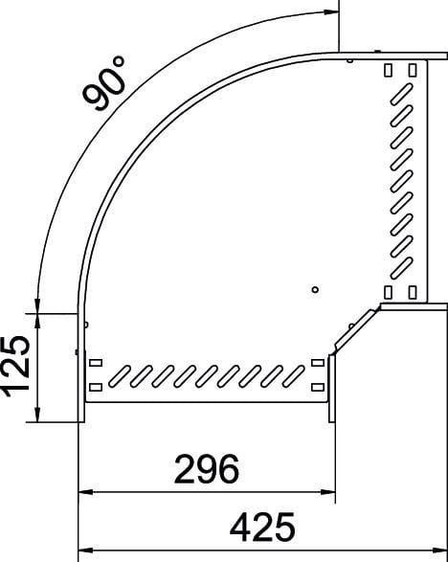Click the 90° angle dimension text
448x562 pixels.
pos(104,83)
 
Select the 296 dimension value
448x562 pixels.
pos(207,469)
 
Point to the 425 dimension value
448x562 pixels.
pos(262,528)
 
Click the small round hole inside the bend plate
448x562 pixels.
pos(315,289)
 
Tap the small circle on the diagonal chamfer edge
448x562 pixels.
pos(351,326)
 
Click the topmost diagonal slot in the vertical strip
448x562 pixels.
pos(401,94)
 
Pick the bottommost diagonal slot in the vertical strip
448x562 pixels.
pos(401,268)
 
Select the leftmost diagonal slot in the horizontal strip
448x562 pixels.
pos(120,376)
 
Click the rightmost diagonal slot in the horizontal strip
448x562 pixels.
pos(294,376)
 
